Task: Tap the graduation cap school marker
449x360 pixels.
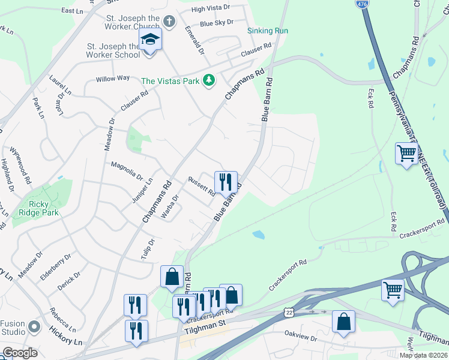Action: [x=151, y=41]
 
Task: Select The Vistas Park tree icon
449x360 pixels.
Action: [x=208, y=80]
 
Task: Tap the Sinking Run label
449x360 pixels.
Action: [x=268, y=31]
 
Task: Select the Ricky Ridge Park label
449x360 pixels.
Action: [x=39, y=208]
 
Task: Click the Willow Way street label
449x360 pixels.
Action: [x=113, y=78]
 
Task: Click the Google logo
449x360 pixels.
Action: [x=20, y=353]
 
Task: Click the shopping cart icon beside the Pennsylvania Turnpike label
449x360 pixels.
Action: [x=406, y=154]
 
